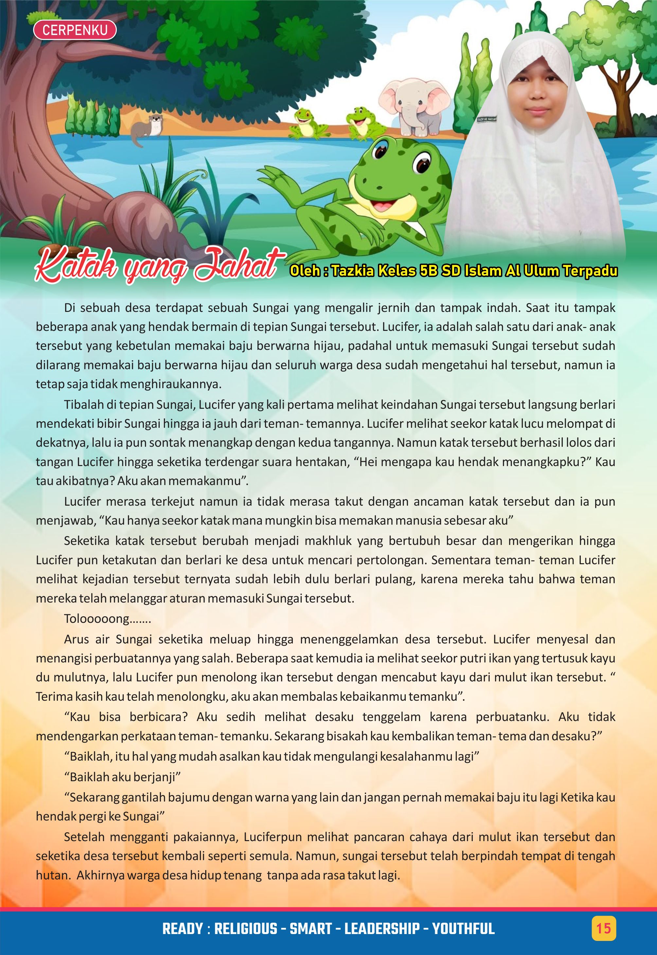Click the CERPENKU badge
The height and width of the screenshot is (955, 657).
[x=75, y=30]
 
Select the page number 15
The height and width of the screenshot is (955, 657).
[x=603, y=928]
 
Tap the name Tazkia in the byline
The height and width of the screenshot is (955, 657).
[x=353, y=271]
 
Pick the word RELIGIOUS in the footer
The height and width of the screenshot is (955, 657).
[x=246, y=929]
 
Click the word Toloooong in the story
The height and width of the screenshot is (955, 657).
[x=97, y=618]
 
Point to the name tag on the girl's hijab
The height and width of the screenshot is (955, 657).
[x=487, y=120]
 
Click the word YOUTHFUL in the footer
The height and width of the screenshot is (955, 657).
[x=463, y=929]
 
